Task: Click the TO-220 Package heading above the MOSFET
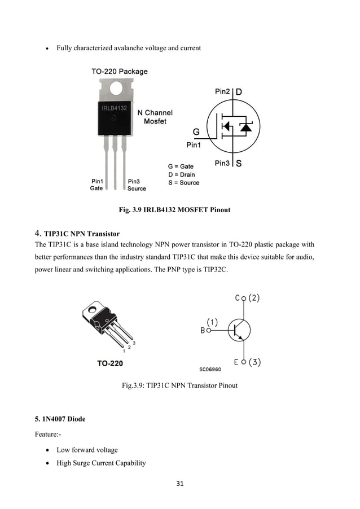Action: click(x=120, y=72)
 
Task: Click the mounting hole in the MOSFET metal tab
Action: click(x=117, y=89)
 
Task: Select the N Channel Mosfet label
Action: click(x=155, y=117)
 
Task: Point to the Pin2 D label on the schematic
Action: click(x=229, y=91)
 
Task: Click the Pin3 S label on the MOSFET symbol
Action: click(x=229, y=164)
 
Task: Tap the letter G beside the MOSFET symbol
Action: click(x=196, y=132)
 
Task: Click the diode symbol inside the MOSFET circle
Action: click(x=245, y=127)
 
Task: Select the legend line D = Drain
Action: click(x=181, y=175)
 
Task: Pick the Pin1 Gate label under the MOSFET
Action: click(x=96, y=185)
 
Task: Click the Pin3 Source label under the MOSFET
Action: click(x=136, y=185)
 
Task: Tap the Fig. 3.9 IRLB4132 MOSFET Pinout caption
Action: click(x=174, y=210)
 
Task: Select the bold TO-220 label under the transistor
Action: click(x=109, y=363)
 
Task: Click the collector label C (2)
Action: click(x=247, y=299)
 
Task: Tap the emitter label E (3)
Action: click(x=248, y=362)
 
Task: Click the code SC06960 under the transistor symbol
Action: click(x=210, y=369)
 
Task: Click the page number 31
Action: click(x=180, y=483)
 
